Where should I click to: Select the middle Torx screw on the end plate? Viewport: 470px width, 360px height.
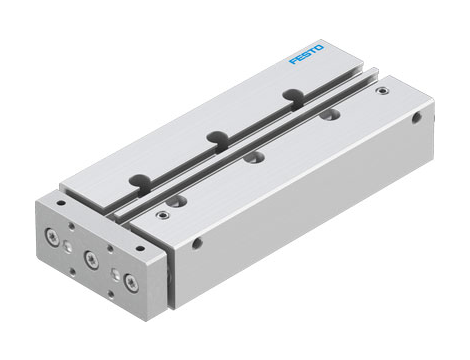coord(91,258)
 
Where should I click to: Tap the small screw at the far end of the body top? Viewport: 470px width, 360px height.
coord(381,91)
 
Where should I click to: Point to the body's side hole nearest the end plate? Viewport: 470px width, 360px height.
coord(197,242)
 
